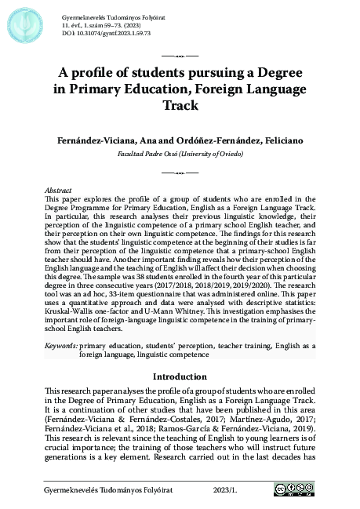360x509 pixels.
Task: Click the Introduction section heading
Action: [x=180, y=376]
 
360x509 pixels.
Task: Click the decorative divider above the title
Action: [x=180, y=57]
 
